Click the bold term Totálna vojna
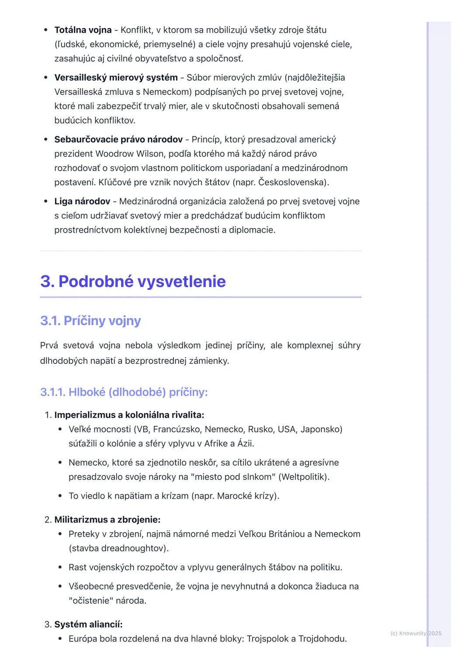pyautogui.click(x=83, y=30)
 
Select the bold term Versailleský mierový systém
pyautogui.click(x=116, y=78)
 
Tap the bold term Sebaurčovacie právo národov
pyautogui.click(x=118, y=140)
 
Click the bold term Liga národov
pyautogui.click(x=82, y=202)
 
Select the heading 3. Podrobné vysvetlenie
pyautogui.click(x=133, y=282)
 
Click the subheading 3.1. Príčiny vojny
pyautogui.click(x=90, y=321)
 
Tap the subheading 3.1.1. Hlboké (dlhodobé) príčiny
pyautogui.click(x=124, y=392)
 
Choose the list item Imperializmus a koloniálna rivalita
pyautogui.click(x=129, y=415)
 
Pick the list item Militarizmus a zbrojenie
pyautogui.click(x=107, y=520)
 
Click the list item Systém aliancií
pyautogui.click(x=88, y=624)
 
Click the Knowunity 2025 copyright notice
pyautogui.click(x=416, y=633)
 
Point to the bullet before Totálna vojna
pyautogui.click(x=46, y=30)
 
